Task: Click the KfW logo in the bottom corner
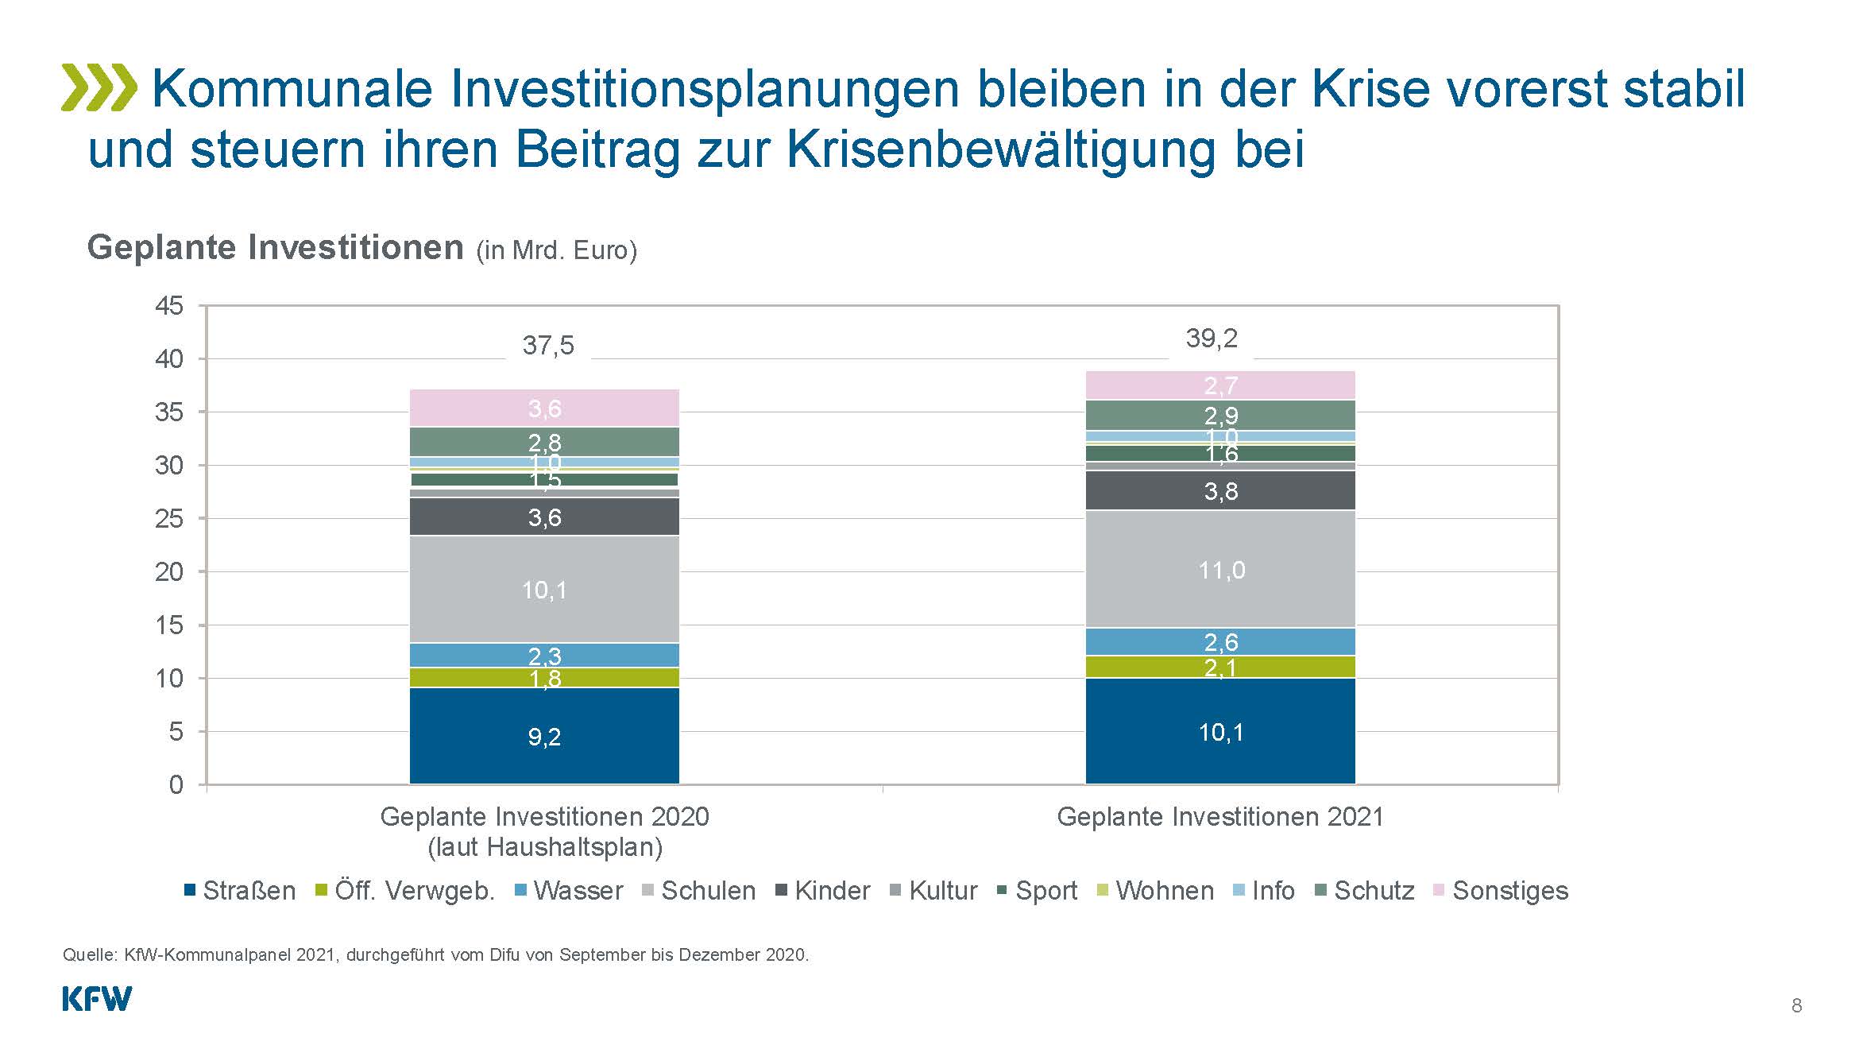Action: (97, 999)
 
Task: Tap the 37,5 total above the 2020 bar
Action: (548, 346)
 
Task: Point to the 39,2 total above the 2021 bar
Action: (1212, 339)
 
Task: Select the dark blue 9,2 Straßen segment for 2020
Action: (544, 736)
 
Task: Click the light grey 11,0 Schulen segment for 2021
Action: (1220, 569)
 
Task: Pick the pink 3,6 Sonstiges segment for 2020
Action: (544, 408)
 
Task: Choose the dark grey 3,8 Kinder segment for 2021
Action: (1220, 490)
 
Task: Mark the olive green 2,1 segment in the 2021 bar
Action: (1220, 667)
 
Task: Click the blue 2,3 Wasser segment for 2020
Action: (544, 655)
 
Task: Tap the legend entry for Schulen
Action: (699, 891)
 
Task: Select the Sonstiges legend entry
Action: (1501, 891)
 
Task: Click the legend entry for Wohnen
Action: (1155, 891)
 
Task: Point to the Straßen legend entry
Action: (240, 891)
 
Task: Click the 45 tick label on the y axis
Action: (169, 306)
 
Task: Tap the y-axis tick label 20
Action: (169, 572)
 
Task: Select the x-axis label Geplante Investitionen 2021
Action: (1220, 817)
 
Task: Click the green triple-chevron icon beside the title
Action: (99, 87)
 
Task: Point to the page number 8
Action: (1797, 1006)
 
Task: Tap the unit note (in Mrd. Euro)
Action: (556, 250)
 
